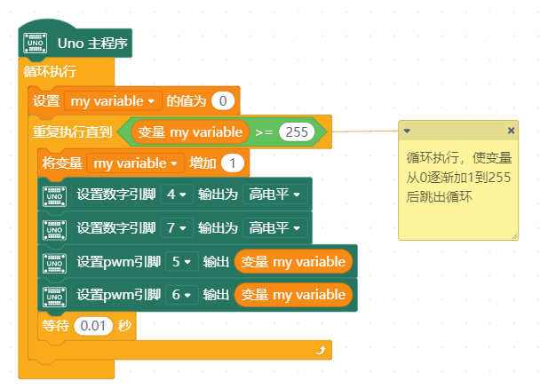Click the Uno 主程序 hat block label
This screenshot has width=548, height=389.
coord(94,43)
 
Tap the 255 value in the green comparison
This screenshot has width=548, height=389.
coord(298,131)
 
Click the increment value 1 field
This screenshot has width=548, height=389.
coord(233,163)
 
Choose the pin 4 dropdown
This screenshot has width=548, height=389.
coord(178,194)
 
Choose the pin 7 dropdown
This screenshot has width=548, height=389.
coord(178,227)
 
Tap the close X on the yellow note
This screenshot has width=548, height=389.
coord(510,131)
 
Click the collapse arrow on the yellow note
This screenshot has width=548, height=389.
coord(407,131)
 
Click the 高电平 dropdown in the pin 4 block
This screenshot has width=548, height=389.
coord(274,194)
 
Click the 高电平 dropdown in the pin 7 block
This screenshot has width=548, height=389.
coord(274,227)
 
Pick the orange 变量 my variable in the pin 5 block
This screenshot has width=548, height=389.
coord(293,262)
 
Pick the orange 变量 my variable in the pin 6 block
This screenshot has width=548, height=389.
coord(293,294)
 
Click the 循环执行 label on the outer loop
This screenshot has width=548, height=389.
coord(50,71)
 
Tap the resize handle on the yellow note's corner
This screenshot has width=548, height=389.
coord(512,235)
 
